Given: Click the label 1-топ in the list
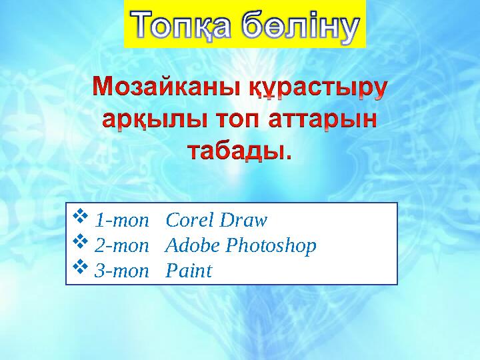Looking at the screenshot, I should [121, 220].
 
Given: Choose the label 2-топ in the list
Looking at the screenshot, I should [121, 246].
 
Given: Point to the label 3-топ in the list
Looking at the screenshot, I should [121, 271].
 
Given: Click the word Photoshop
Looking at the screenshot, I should [271, 247].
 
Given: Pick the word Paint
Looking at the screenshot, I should [188, 271].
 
